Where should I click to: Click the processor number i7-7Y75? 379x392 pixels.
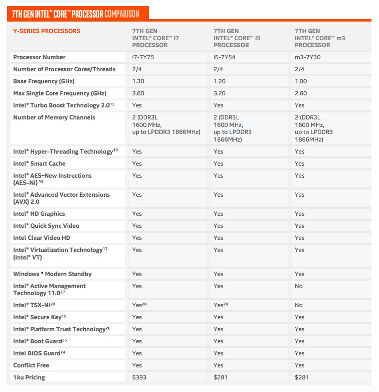point(142,57)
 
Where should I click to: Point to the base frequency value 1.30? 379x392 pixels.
point(138,81)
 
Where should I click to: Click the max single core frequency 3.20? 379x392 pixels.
point(220,93)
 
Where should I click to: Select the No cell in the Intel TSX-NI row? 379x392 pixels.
point(299,305)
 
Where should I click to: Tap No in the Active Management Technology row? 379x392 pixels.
point(299,286)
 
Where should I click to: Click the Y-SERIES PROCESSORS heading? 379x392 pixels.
point(47,31)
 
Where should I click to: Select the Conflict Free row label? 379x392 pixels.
point(31,365)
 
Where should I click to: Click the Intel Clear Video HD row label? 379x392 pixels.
point(42,238)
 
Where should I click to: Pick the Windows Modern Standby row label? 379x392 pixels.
point(52,274)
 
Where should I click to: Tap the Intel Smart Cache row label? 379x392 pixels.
point(39,164)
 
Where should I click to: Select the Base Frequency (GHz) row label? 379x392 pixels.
point(44,81)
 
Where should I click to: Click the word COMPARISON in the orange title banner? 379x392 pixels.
point(121,14)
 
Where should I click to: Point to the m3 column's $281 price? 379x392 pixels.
point(301,377)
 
